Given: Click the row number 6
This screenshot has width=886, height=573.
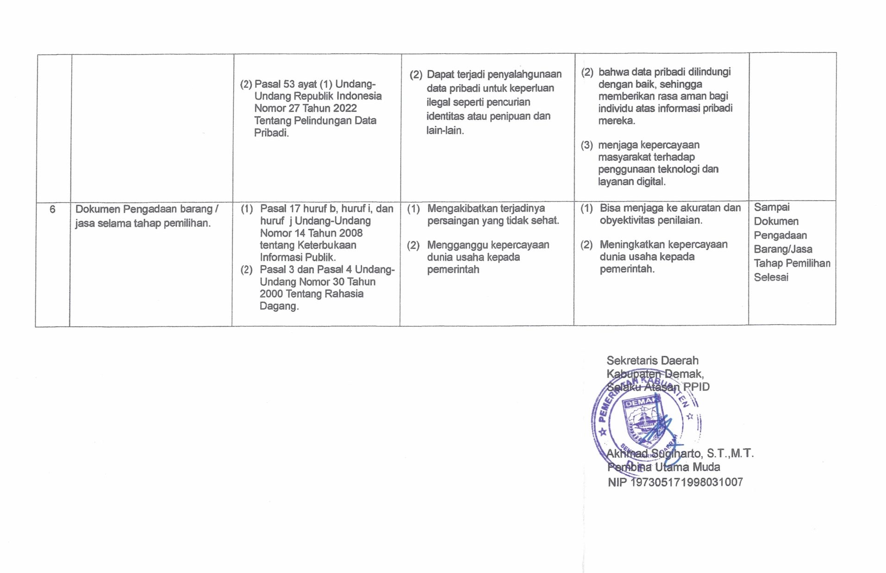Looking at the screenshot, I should pyautogui.click(x=52, y=209).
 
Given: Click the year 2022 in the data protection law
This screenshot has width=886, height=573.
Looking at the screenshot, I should pyautogui.click(x=344, y=108).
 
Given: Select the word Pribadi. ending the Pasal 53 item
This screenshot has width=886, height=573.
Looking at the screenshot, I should pyautogui.click(x=271, y=133).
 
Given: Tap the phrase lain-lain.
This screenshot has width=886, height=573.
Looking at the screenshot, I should pyautogui.click(x=445, y=130).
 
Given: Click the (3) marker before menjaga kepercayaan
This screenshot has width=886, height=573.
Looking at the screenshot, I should pyautogui.click(x=587, y=145).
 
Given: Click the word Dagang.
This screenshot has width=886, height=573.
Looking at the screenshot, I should pyautogui.click(x=279, y=306).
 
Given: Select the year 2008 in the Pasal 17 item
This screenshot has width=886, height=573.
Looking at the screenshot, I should pyautogui.click(x=350, y=233).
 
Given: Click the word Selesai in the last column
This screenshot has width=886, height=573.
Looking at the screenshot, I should pyautogui.click(x=771, y=277).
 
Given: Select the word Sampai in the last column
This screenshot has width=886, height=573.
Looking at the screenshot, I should pyautogui.click(x=772, y=207).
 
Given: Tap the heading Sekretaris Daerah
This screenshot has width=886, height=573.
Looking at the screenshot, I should pyautogui.click(x=652, y=361).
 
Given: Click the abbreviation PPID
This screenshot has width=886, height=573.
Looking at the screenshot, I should pyautogui.click(x=696, y=387).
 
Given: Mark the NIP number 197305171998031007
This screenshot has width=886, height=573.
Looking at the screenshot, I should pyautogui.click(x=686, y=482).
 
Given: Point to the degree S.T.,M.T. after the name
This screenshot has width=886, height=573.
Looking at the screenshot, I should pyautogui.click(x=730, y=454).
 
